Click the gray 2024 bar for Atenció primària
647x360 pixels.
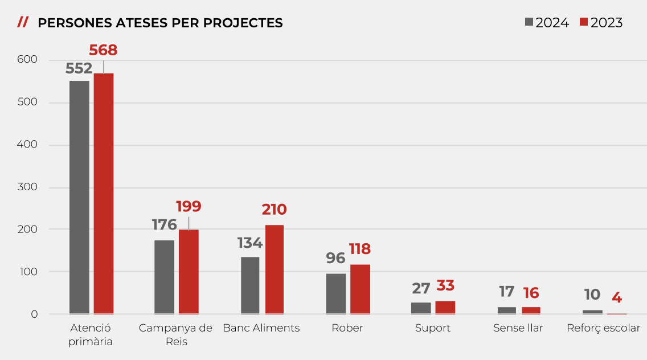(79, 197)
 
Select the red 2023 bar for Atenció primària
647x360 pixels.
(104, 194)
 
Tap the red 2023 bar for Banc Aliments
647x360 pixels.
(275, 269)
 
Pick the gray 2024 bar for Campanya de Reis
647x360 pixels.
(165, 277)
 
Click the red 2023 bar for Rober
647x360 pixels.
(360, 289)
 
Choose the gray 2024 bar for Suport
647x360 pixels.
(421, 308)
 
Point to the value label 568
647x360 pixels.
(103, 50)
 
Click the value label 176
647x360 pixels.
(165, 224)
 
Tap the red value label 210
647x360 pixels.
(274, 210)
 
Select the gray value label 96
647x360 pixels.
(335, 258)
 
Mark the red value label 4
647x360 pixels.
(617, 297)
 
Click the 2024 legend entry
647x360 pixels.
(547, 23)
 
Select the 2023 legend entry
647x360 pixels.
(601, 23)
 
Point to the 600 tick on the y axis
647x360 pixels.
(27, 60)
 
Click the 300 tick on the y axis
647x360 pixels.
(27, 187)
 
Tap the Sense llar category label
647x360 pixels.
(518, 328)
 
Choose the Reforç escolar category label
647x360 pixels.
(604, 328)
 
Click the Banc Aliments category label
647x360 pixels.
(261, 328)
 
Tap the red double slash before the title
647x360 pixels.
(23, 22)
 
